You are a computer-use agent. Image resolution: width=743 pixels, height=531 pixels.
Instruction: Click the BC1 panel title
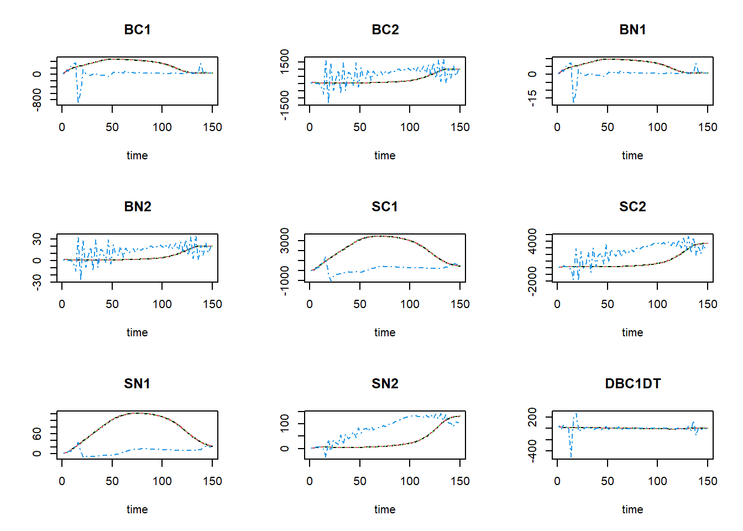click(137, 30)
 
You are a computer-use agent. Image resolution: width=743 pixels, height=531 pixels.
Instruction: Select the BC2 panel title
click(385, 30)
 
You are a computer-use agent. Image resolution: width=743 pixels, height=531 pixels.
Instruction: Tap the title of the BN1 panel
click(632, 30)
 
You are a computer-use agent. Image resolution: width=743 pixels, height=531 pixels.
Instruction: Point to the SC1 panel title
click(385, 207)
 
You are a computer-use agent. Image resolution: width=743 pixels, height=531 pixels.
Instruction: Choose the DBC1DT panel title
click(632, 384)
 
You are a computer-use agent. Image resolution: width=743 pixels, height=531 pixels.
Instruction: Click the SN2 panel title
click(385, 384)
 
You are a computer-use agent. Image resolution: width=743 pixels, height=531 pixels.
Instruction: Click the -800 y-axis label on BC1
click(37, 100)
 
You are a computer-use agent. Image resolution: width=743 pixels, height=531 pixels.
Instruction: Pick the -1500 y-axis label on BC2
click(285, 105)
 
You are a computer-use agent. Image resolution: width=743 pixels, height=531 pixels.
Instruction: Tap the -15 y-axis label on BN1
click(532, 98)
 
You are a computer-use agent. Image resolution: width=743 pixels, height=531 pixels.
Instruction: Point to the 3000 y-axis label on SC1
click(285, 240)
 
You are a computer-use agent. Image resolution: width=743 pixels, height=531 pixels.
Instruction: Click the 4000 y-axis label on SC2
click(532, 241)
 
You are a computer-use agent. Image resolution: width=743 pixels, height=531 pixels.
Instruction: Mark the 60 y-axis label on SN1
click(37, 434)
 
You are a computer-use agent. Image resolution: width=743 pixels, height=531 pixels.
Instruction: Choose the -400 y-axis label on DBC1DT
click(532, 450)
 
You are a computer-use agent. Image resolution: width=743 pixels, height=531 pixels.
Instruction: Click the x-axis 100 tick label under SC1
click(410, 304)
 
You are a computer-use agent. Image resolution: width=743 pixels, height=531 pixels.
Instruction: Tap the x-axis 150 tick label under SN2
click(460, 481)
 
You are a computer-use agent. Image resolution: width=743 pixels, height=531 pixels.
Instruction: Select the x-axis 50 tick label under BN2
click(112, 304)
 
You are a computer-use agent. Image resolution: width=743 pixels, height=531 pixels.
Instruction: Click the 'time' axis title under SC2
click(632, 332)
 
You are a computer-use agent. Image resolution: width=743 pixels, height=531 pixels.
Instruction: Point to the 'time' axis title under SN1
click(137, 509)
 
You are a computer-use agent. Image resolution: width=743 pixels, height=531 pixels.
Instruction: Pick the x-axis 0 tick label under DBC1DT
click(557, 481)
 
